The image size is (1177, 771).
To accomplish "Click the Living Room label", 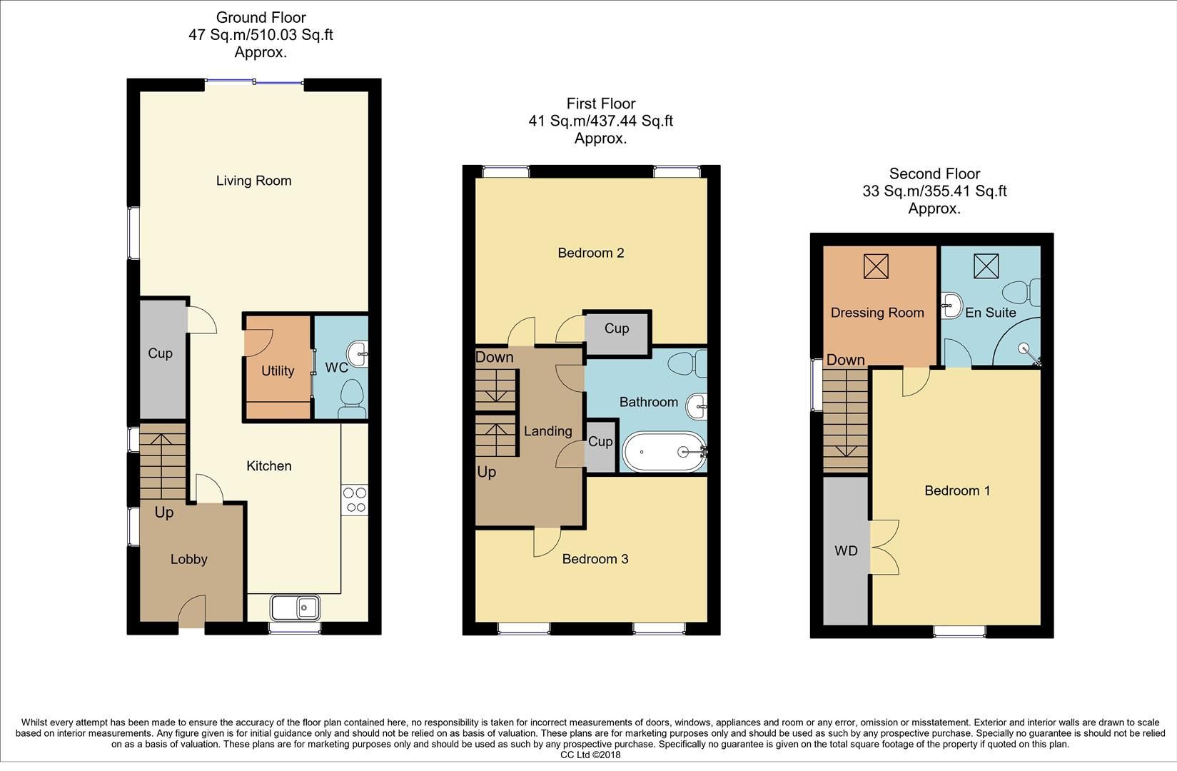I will point(253,181).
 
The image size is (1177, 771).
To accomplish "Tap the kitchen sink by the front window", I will point(295,608).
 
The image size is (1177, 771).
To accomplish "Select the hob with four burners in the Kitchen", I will point(355,500).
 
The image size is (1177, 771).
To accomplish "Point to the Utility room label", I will point(278,371).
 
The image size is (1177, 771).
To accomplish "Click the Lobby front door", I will point(191,613).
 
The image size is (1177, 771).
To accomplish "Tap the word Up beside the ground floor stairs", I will point(164,513).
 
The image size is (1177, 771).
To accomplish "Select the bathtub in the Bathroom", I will point(664,451).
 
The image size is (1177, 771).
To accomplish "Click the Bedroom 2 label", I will point(591,253).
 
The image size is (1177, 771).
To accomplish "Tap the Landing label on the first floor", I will point(547,431).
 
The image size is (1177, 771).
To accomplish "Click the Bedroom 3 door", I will point(547,542).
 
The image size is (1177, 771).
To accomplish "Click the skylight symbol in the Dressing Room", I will point(876,266).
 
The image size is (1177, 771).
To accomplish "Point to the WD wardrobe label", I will point(846,551).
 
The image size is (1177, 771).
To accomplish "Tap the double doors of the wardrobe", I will point(884,547).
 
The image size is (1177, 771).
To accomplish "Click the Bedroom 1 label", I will point(957,490).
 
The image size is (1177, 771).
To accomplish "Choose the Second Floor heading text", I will point(934,173).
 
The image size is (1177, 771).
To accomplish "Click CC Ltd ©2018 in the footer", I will point(590,755).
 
